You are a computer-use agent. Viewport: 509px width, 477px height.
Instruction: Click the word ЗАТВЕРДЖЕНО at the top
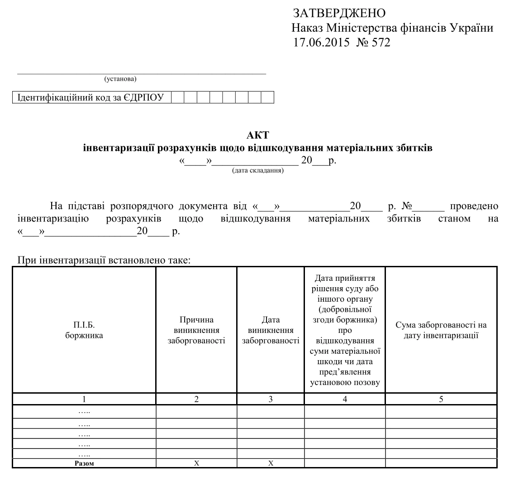[339, 13]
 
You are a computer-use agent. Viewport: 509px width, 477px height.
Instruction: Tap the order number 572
[381, 43]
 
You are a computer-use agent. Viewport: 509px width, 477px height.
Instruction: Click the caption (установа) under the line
[120, 80]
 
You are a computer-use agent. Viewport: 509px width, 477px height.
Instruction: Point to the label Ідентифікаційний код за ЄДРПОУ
[90, 97]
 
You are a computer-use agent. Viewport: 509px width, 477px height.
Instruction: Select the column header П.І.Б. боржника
[84, 330]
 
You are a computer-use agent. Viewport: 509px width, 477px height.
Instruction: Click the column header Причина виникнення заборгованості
[196, 330]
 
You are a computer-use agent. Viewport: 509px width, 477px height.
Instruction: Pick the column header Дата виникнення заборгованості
[271, 330]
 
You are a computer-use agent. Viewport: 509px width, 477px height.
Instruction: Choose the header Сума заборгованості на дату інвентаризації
[441, 330]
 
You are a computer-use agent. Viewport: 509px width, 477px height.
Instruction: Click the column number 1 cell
[84, 399]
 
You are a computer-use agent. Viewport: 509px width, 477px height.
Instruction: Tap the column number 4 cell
[345, 399]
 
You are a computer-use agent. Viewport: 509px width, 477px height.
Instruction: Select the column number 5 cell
[441, 399]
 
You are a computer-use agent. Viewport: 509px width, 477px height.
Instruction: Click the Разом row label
[84, 463]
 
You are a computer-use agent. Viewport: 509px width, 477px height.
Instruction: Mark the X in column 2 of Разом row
[196, 463]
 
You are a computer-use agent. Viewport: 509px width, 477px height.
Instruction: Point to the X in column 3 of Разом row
[271, 463]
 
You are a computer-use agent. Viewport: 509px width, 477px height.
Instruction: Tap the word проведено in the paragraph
[474, 207]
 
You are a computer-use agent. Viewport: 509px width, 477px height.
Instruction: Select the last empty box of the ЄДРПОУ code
[268, 97]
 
